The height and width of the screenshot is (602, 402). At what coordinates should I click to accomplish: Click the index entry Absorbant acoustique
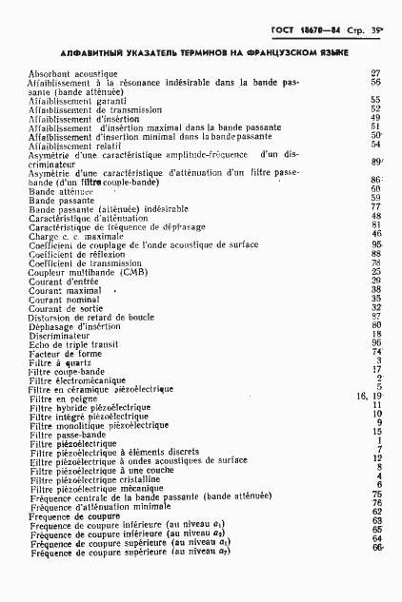coord(72,73)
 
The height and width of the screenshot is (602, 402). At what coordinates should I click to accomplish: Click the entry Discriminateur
coord(59,335)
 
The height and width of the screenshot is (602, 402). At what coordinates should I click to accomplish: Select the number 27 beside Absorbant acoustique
coord(376,73)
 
